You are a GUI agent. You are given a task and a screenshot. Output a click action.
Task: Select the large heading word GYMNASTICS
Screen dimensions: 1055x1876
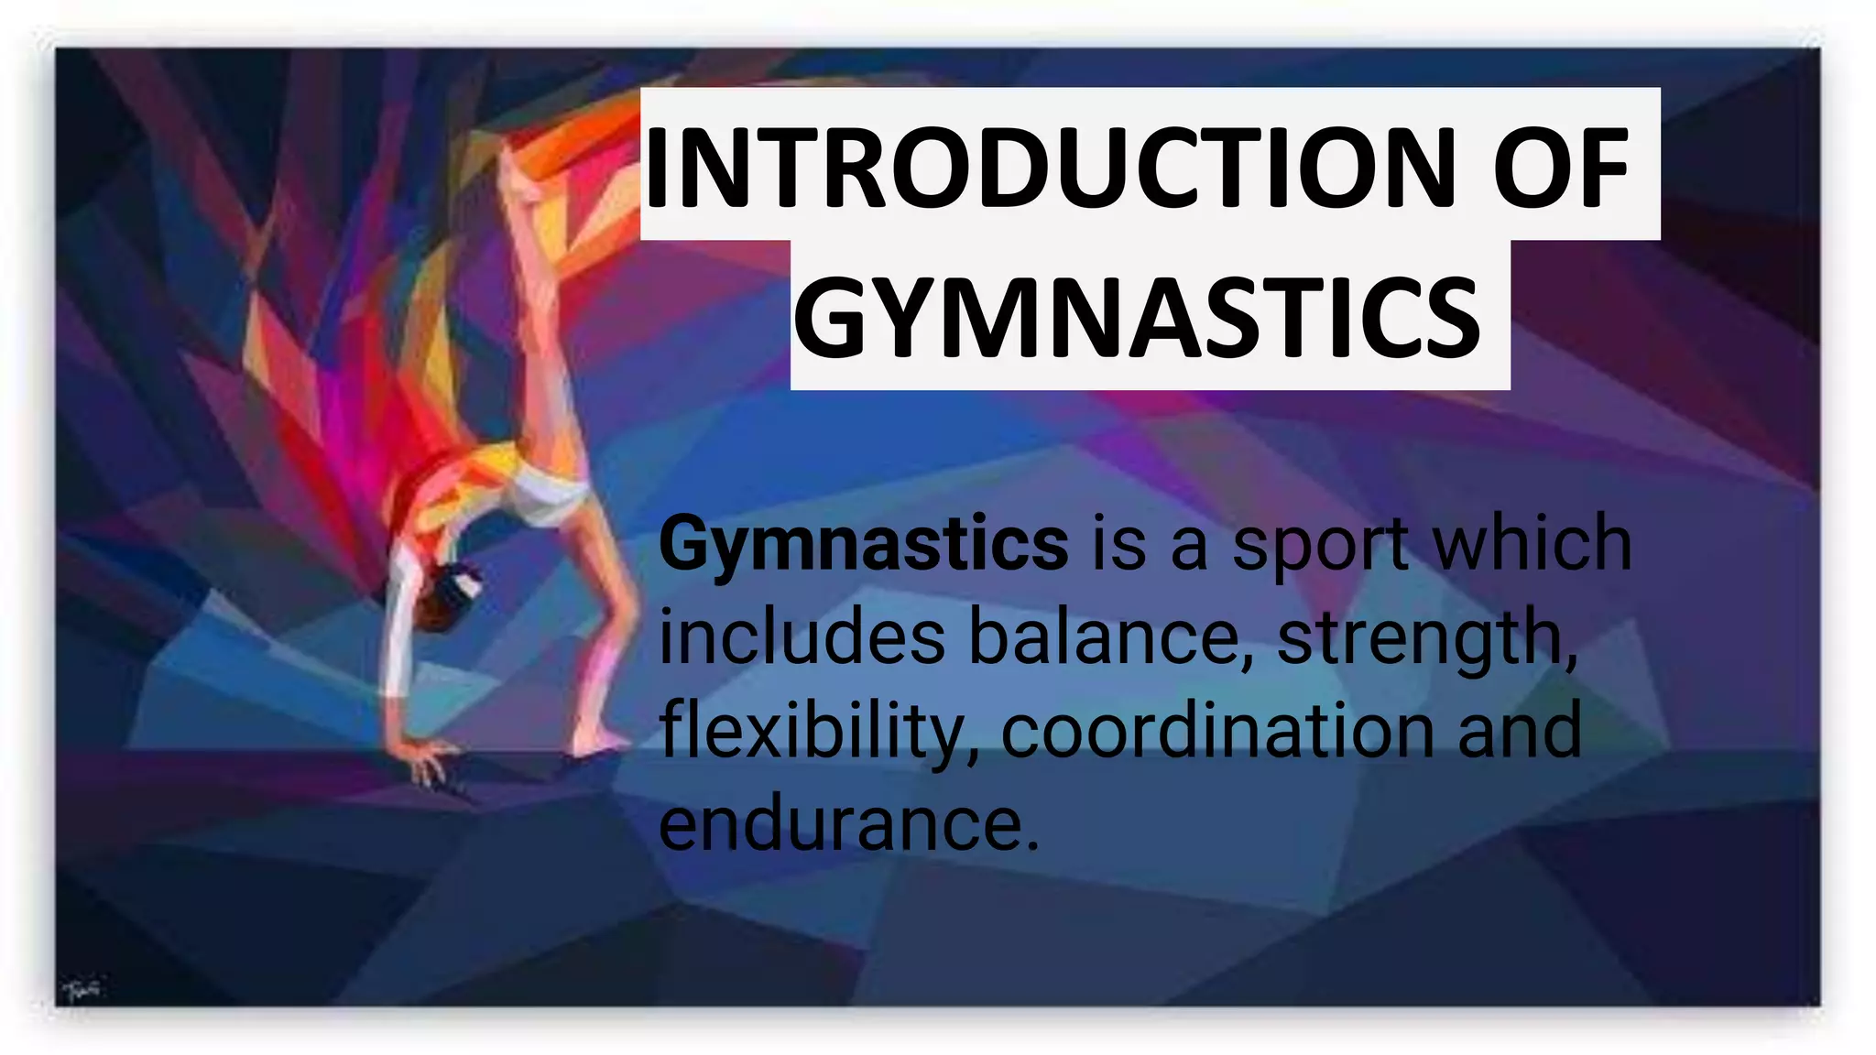1137,317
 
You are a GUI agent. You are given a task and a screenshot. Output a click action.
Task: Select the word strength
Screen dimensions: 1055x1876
1424,639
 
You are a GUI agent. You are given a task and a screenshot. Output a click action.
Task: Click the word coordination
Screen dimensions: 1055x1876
1217,731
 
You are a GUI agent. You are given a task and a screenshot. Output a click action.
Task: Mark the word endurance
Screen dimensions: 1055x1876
848,823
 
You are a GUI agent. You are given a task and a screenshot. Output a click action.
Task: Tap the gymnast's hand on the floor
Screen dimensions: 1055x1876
426,759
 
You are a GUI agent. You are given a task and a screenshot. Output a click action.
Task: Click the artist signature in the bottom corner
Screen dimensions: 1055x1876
83,990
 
